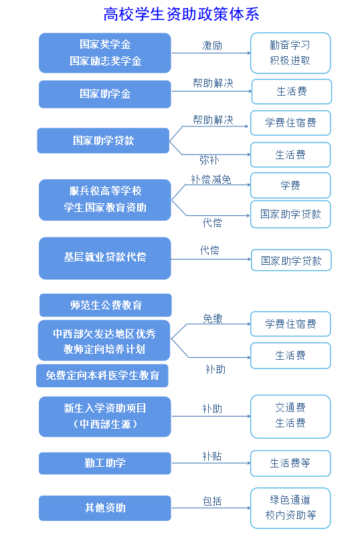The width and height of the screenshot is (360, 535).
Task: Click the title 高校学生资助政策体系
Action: point(181,14)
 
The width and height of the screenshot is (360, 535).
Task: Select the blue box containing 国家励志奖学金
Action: point(105,53)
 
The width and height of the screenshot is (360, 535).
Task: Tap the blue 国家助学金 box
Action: point(105,94)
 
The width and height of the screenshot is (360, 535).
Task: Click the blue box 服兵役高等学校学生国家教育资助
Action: point(105,199)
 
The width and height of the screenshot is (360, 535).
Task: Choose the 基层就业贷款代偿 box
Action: point(105,258)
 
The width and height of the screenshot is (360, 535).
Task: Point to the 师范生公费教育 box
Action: point(106,305)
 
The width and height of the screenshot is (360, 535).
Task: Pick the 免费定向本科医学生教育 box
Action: point(102,376)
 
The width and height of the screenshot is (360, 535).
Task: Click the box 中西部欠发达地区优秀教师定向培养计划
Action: point(104,340)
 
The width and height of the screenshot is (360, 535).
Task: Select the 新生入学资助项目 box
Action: point(105,417)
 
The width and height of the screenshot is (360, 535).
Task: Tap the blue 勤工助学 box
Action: point(105,463)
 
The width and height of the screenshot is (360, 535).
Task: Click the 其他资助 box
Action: point(105,508)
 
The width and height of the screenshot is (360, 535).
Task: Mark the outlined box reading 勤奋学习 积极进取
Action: point(290,53)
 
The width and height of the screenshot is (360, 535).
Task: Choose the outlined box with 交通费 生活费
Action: point(290,417)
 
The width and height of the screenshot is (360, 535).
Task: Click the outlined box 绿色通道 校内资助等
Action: point(290,508)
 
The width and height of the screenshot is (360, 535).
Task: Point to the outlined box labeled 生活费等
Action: point(290,463)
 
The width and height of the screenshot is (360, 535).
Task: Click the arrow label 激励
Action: point(212,45)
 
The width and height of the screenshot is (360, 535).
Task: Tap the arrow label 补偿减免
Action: point(211,179)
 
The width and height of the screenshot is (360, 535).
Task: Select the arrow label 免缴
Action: point(213,318)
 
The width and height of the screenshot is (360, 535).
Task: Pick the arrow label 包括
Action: point(212,501)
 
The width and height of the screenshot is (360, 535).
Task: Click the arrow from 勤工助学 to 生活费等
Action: point(211,463)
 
